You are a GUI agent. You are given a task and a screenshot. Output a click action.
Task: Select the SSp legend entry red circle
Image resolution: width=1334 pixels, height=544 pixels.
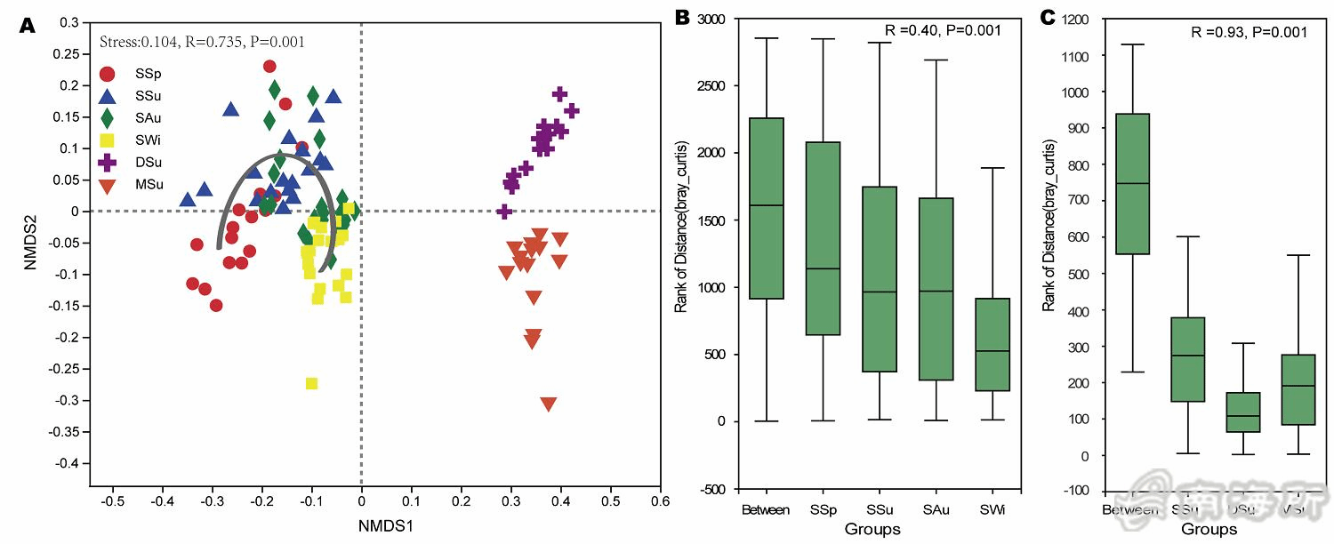coord(108,74)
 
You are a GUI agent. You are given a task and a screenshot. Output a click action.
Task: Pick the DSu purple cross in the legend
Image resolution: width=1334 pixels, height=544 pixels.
coord(108,164)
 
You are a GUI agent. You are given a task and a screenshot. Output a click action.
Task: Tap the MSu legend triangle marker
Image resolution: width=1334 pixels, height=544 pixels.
coord(108,186)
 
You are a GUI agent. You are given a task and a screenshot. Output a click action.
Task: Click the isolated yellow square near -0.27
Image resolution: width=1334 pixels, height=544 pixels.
coord(311,383)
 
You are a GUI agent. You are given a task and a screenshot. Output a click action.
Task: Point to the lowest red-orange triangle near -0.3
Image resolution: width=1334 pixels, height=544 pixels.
coord(548,404)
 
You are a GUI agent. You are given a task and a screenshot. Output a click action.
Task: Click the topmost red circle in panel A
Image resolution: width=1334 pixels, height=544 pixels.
coord(269,66)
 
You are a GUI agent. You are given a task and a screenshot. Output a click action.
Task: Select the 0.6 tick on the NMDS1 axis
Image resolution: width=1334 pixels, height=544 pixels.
coord(660,501)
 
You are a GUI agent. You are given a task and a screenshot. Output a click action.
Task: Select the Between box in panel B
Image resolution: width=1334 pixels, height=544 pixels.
coord(766,208)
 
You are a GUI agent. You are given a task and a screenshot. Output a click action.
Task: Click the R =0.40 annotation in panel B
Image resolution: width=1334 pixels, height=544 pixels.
coord(944,30)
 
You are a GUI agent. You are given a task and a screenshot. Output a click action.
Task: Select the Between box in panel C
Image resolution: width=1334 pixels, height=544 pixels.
coord(1132,184)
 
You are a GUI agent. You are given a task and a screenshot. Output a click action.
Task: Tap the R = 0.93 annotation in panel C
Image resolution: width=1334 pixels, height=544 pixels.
coord(1249,32)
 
